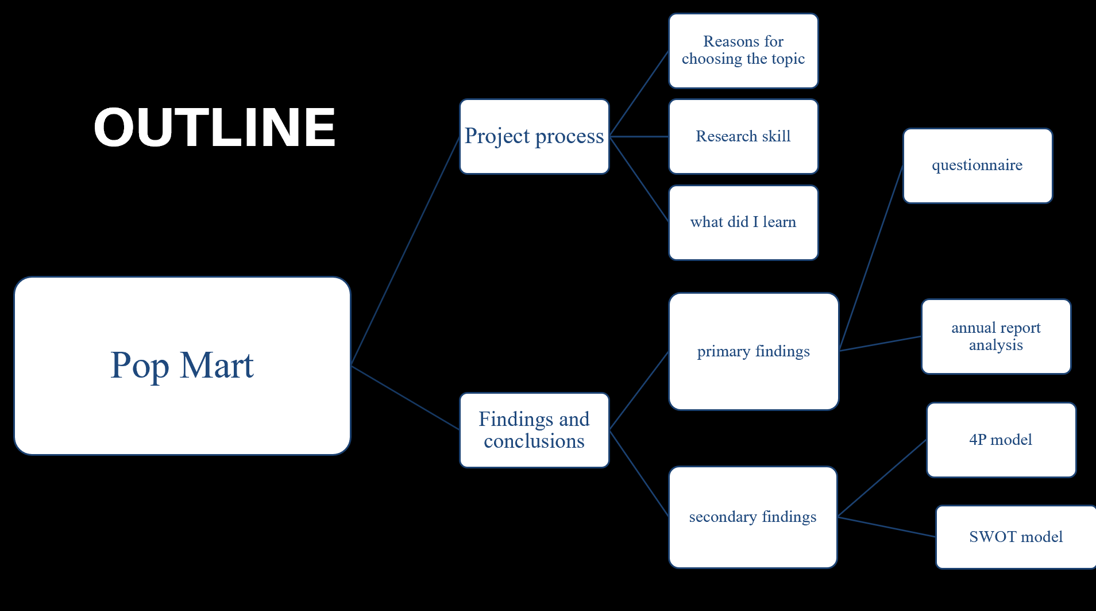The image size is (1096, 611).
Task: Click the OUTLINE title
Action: (x=215, y=127)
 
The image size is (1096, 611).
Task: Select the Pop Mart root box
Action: (x=182, y=366)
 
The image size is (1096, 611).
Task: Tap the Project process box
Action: (x=534, y=136)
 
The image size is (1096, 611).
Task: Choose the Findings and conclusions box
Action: (x=534, y=430)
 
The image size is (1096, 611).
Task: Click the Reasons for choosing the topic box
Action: (x=743, y=51)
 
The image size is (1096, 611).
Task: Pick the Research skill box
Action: (x=743, y=136)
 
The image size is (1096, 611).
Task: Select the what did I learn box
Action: (x=743, y=222)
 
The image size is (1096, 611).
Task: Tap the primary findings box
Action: (x=754, y=351)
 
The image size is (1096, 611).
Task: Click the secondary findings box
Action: (x=753, y=517)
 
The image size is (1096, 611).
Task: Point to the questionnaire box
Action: (x=978, y=166)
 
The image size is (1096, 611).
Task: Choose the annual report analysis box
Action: (x=996, y=336)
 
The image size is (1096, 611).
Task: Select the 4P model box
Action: (x=1001, y=440)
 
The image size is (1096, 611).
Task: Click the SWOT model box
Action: (x=1016, y=537)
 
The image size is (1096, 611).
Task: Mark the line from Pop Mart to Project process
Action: (x=406, y=251)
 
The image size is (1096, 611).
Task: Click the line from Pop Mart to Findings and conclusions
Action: (x=406, y=398)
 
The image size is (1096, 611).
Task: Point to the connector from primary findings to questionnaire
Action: (x=871, y=258)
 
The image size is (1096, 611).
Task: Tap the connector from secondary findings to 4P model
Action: (x=882, y=478)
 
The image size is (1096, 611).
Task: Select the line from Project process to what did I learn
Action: (x=639, y=179)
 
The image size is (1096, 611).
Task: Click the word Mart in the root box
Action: (x=217, y=365)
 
